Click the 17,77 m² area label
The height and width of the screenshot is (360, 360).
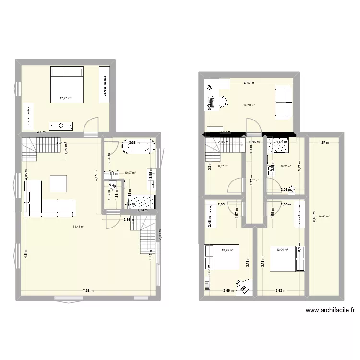coord(65,99)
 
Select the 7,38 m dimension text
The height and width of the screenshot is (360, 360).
coord(88,290)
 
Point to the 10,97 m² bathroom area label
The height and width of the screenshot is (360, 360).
coord(130,173)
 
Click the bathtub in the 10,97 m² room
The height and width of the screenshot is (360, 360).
coord(139,146)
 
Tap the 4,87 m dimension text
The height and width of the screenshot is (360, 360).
coord(249,83)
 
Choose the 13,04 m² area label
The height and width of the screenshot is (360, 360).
coord(283,250)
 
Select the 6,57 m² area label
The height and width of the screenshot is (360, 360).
coord(223,166)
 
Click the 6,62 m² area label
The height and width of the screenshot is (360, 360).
coord(286,166)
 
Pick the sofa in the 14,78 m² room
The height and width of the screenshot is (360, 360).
coord(284,101)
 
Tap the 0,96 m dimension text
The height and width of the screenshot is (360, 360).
coord(254,142)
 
